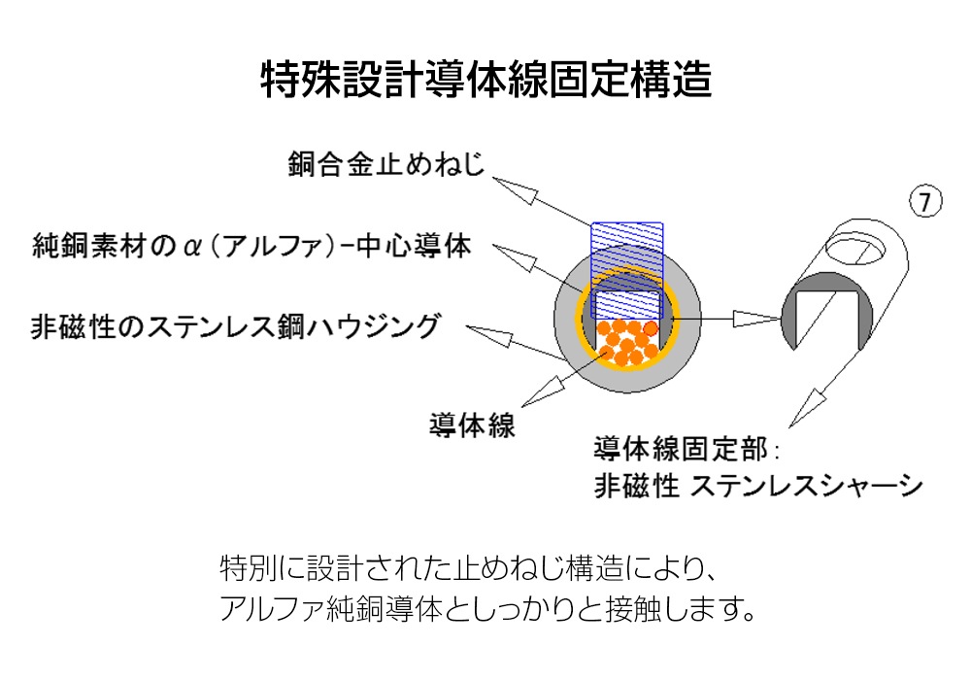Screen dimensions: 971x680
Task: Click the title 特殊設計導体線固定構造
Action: point(485,80)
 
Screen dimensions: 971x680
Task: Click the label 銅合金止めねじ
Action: point(385,164)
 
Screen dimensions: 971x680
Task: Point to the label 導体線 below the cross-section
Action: point(472,425)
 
